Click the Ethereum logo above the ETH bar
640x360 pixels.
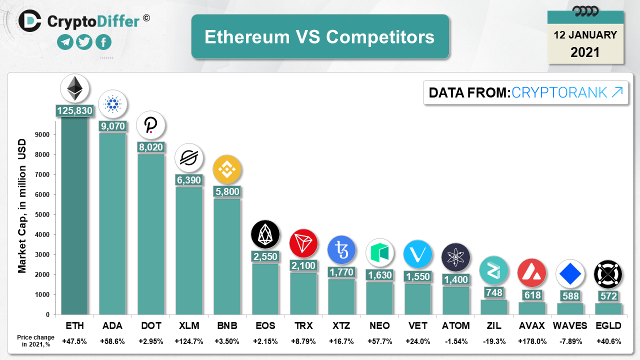point(75,88)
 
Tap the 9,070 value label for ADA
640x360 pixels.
point(113,125)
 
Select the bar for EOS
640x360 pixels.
point(265,288)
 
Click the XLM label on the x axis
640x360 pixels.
point(189,326)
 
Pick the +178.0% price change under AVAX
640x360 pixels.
point(532,341)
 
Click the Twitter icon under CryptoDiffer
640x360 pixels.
point(84,42)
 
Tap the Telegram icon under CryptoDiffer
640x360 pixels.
point(65,42)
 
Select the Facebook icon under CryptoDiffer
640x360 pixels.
point(103,42)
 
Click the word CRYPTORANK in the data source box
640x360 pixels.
point(559,92)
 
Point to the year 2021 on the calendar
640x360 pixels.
point(585,52)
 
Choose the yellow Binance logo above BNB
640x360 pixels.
point(227,169)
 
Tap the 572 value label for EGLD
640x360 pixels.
point(608,296)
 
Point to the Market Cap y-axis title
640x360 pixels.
point(22,211)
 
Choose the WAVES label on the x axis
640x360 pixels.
point(570,326)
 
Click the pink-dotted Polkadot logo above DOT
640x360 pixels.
point(151,125)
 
